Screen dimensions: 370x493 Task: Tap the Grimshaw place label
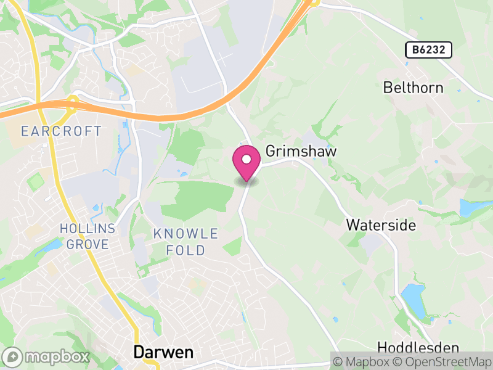[294, 151]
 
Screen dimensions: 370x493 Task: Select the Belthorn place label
[413, 88]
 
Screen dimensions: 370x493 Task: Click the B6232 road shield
[429, 50]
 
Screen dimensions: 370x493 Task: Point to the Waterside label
[381, 224]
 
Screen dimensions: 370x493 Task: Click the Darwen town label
[163, 353]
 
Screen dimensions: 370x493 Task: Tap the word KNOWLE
[185, 234]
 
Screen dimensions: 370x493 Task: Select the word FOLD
[185, 250]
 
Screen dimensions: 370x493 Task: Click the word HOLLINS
[87, 229]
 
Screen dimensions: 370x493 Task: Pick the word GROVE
[87, 244]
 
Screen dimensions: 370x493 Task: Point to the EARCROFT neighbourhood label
[60, 131]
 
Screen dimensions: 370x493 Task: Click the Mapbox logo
[47, 356]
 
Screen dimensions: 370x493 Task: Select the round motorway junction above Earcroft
[71, 102]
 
